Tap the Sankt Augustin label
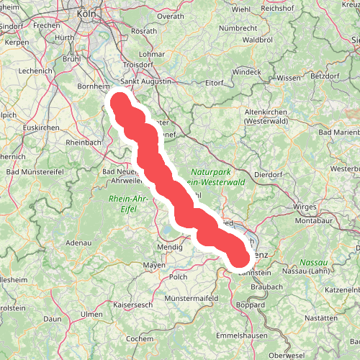click(x=146, y=81)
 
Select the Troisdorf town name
click(x=138, y=64)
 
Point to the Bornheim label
click(x=93, y=86)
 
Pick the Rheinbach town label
click(x=84, y=143)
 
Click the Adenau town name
click(x=78, y=243)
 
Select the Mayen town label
click(x=154, y=265)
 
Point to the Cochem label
click(x=139, y=338)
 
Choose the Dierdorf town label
click(x=269, y=174)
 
